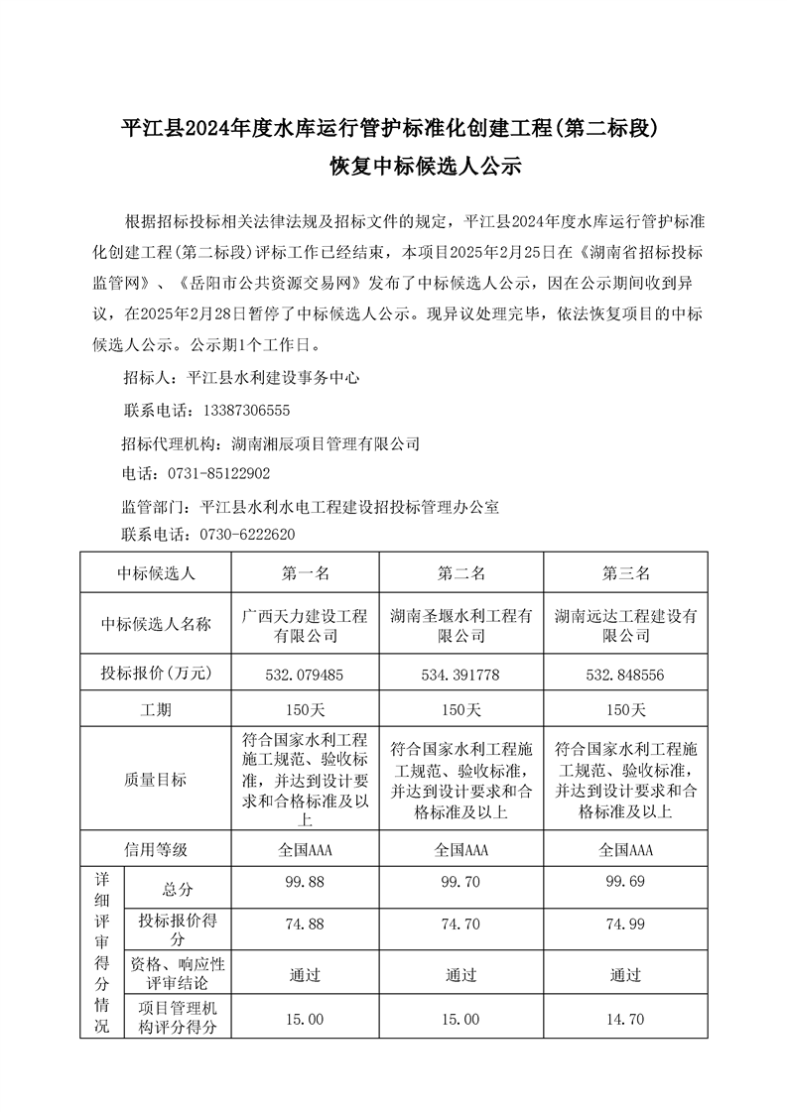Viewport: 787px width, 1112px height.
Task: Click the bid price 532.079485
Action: pos(305,675)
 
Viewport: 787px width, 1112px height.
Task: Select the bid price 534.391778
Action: pos(459,675)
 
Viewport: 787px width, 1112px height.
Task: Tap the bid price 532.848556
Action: pos(625,675)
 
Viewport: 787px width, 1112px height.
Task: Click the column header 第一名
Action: pos(305,573)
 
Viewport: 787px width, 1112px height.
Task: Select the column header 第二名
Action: pos(459,573)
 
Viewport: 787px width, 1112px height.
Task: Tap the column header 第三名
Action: pos(625,573)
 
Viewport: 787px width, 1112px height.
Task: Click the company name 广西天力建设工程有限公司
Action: pos(305,625)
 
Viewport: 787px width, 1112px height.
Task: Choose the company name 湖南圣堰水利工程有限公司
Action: pos(459,625)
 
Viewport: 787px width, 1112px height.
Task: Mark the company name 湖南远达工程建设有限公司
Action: pos(625,625)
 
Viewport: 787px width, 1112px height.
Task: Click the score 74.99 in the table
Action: pos(625,924)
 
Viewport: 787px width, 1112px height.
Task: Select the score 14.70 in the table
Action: pos(625,1019)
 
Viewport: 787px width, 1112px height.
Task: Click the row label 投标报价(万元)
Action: pos(156,675)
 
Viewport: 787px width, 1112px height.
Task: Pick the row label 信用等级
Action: pos(156,849)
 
